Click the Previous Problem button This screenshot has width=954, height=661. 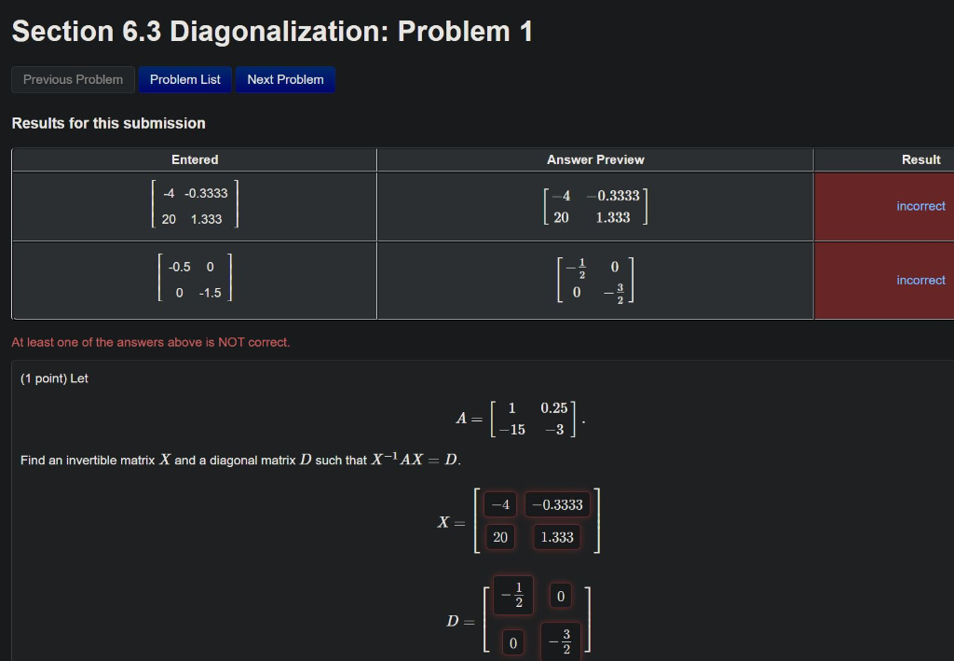(x=73, y=79)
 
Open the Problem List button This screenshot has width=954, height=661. (x=184, y=79)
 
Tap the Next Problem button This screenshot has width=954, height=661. (x=285, y=79)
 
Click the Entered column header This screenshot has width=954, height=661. (x=195, y=159)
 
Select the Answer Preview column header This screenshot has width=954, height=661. (x=595, y=159)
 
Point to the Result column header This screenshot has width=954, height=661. (x=920, y=159)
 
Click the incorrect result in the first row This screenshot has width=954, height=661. (x=920, y=206)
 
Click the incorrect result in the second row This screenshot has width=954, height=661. (x=920, y=280)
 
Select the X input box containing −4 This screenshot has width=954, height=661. (x=500, y=504)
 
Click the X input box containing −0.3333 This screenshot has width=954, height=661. (x=557, y=504)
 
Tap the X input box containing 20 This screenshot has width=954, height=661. (x=500, y=537)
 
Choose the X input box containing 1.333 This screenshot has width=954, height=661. (x=557, y=537)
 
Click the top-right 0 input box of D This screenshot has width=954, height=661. (x=560, y=595)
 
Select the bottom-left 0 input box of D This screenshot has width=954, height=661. (x=512, y=642)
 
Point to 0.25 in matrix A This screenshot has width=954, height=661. (x=553, y=408)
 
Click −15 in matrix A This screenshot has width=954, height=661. (x=511, y=430)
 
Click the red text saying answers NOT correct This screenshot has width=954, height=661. (x=151, y=342)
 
